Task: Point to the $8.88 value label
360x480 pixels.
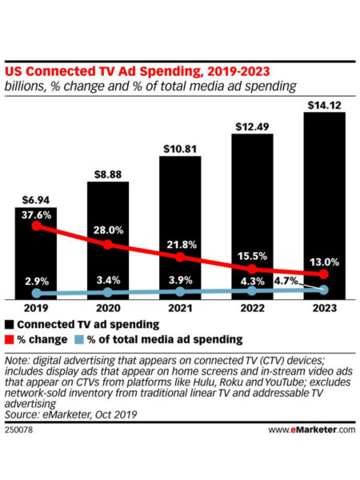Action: [108, 173]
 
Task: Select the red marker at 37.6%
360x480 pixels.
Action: [36, 227]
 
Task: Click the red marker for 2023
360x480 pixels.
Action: [324, 274]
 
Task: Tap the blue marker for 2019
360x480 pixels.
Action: [36, 294]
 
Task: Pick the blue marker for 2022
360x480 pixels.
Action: [252, 291]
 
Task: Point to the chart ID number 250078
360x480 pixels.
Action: [20, 430]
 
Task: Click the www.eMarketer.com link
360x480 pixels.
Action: [311, 430]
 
